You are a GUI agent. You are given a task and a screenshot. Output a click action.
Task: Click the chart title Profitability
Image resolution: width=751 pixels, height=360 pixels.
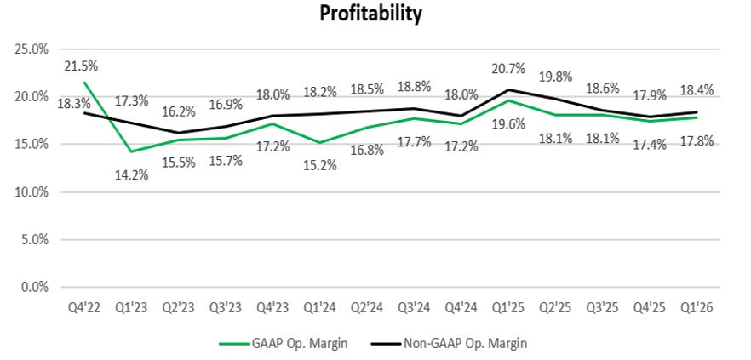(x=370, y=14)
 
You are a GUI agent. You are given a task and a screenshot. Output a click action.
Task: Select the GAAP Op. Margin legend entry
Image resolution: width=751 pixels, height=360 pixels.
(x=283, y=343)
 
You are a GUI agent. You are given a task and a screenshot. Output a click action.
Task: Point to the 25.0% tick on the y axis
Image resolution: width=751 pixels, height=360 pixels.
(x=34, y=49)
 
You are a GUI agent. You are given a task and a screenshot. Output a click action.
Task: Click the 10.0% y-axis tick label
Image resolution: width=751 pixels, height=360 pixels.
(x=34, y=192)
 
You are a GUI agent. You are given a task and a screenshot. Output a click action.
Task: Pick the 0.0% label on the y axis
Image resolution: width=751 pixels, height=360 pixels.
(x=37, y=288)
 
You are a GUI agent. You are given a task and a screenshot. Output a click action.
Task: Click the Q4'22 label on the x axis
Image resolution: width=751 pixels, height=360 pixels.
(x=85, y=307)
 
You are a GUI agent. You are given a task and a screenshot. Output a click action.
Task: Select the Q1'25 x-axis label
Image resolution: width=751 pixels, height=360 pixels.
(x=509, y=307)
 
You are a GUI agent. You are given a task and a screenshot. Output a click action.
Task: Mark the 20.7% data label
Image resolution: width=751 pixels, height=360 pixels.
(x=508, y=70)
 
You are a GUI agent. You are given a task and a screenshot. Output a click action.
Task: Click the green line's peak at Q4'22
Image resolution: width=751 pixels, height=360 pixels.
(x=85, y=83)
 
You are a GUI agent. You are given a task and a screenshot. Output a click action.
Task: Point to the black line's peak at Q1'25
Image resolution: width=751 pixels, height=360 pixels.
(x=509, y=89)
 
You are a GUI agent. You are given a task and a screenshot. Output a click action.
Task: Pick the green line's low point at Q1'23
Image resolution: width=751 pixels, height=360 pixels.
(x=132, y=151)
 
